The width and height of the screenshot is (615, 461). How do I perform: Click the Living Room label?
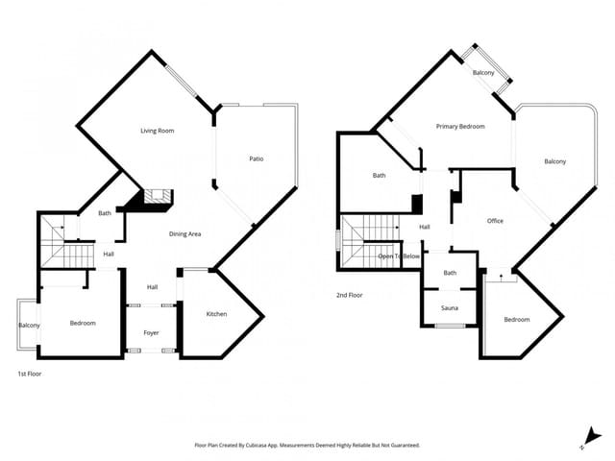158,131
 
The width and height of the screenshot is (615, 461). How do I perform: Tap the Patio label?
257,159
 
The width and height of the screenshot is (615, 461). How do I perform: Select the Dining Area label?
184,234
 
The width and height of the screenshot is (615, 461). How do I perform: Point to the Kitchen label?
217,315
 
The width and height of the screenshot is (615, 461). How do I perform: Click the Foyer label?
152,332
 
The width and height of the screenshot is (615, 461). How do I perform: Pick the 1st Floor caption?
30,374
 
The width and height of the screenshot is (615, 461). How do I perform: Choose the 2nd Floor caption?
350,295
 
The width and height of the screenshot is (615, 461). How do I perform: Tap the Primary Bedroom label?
460,127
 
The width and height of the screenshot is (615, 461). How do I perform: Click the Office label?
495,221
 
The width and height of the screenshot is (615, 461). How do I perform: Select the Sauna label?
449,308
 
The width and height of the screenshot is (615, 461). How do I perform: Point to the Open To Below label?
399,256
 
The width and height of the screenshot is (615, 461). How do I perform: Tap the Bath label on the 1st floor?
105,213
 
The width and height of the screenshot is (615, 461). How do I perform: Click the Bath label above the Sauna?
450,274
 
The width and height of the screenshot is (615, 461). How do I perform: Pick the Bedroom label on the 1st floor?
83,324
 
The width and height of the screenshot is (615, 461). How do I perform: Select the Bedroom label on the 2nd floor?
517,319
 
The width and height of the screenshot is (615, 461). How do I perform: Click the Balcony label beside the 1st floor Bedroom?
29,326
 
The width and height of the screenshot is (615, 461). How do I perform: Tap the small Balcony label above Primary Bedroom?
483,74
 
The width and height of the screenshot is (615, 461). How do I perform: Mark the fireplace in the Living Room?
154,199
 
